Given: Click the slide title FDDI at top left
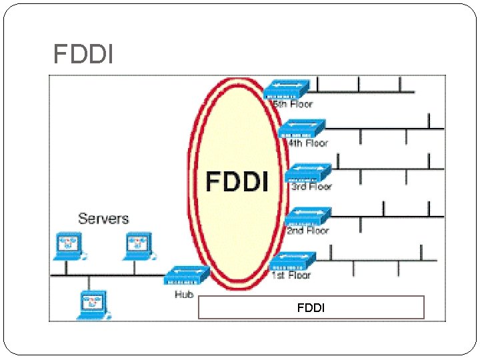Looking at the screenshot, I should point(83,54).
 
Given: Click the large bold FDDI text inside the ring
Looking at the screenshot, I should point(237,181).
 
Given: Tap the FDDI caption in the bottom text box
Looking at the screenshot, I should point(311,308).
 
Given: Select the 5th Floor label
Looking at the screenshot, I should point(291,104).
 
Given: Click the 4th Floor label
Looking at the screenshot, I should point(307,143).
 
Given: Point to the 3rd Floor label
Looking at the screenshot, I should point(311,187).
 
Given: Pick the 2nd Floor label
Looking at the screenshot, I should point(307,230).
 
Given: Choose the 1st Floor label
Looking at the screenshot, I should point(291,274).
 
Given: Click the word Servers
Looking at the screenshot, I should point(103,219).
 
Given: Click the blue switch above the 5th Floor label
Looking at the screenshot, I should point(287,89).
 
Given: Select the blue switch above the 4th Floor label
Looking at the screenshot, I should point(302,127).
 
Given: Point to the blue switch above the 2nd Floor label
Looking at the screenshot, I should point(307,216).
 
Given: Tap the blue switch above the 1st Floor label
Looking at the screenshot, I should point(293,260).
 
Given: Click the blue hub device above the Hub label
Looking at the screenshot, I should point(187,274).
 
